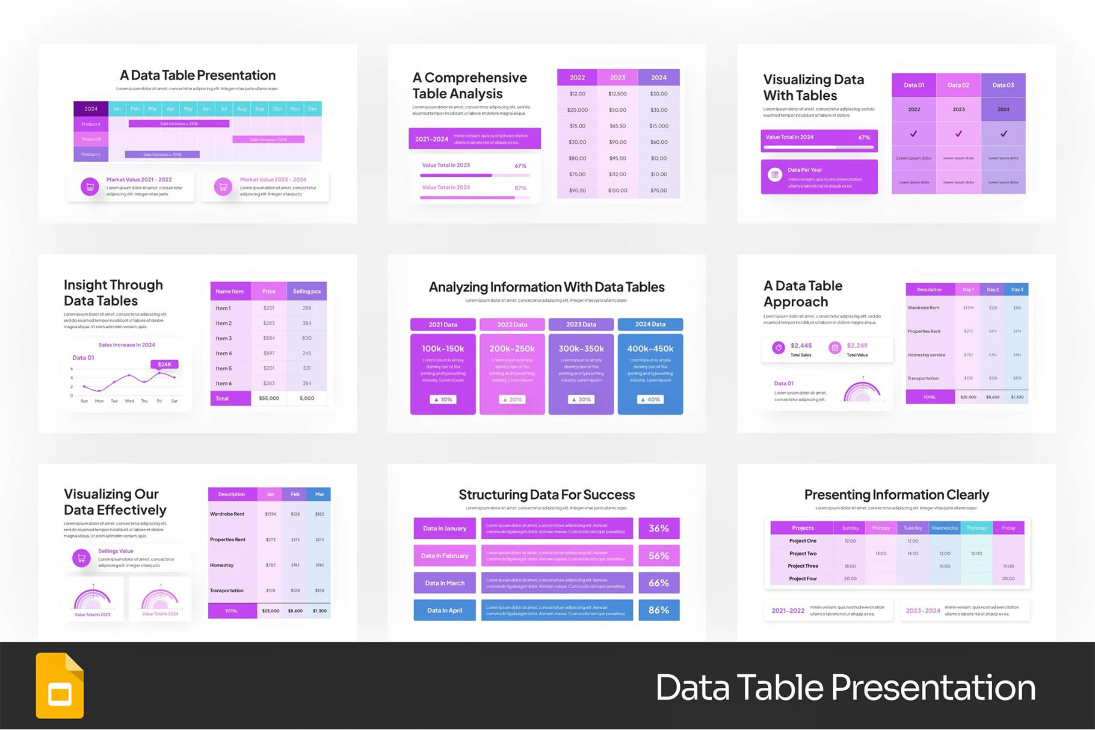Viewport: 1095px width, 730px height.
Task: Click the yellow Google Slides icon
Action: pos(60,686)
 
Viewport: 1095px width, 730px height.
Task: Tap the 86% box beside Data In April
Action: pos(659,610)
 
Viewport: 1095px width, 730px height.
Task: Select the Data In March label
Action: pos(445,583)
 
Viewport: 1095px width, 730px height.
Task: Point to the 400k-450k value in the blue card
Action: pos(650,348)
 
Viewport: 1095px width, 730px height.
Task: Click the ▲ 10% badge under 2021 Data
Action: pos(443,399)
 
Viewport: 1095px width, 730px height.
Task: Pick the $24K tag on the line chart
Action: pos(164,364)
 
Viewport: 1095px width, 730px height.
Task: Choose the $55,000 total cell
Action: pos(269,398)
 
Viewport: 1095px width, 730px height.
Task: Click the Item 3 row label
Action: pos(224,339)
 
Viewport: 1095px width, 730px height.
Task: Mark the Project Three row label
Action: pos(803,566)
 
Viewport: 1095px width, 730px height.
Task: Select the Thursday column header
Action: pos(976,528)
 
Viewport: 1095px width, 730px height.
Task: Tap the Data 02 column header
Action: pos(958,85)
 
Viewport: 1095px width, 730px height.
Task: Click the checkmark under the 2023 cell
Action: pos(958,133)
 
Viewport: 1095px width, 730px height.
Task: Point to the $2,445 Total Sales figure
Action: pos(801,346)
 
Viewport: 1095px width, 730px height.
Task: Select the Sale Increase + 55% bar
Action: pos(268,140)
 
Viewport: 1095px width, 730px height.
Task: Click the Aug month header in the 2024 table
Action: pos(242,109)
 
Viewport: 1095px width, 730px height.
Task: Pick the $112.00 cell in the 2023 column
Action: pos(617,174)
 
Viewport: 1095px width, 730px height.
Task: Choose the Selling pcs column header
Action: pos(307,292)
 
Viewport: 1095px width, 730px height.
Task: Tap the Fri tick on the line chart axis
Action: pos(159,401)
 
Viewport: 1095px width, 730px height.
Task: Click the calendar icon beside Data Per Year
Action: pos(775,175)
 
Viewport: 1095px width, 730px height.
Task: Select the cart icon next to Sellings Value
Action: pos(81,558)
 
